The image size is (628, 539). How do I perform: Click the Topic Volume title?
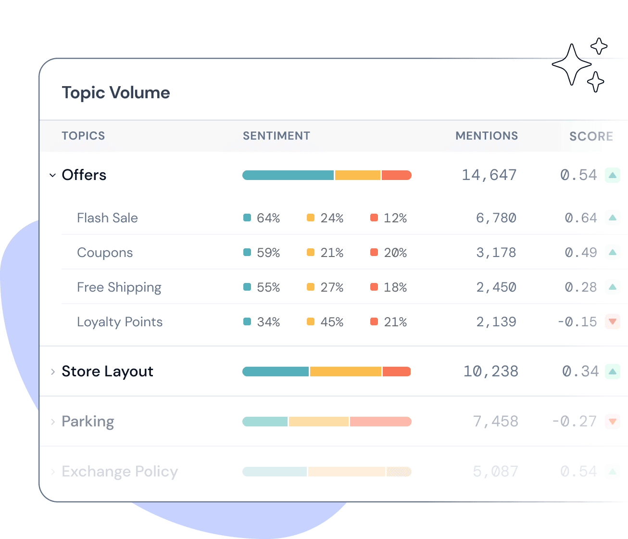pos(116,92)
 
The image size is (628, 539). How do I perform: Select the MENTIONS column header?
pos(487,136)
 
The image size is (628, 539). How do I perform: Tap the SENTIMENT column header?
pos(276,136)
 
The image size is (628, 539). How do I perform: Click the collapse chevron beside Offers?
pos(52,175)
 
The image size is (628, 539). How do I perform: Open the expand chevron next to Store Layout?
pos(52,372)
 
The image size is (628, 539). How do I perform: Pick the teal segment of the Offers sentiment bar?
pos(288,175)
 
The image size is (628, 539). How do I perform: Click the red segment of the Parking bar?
pos(380,422)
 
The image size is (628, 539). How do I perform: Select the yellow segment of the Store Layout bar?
pos(346,372)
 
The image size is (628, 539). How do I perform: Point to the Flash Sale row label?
pos(107,218)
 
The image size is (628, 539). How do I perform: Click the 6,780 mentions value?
pos(496,218)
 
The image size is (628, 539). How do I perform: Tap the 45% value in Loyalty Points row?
pos(332,322)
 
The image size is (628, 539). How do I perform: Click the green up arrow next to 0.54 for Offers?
pos(613,175)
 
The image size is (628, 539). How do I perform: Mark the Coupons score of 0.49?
pos(581,253)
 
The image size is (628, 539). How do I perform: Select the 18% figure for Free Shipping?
pos(395,287)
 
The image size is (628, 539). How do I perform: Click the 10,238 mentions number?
pos(490,372)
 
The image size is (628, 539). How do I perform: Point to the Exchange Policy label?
pos(120,472)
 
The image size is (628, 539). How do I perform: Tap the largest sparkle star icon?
pos(571,64)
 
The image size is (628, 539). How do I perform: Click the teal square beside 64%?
pos(247,218)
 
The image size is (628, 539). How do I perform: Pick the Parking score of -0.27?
pos(574,422)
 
